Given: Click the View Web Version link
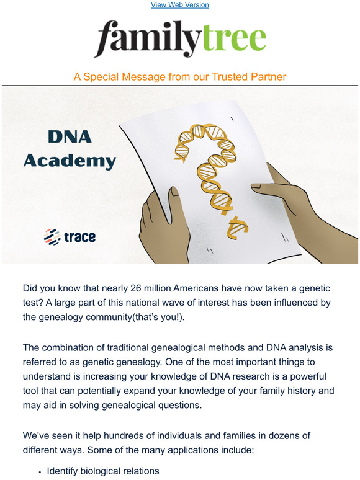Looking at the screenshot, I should click(x=180, y=5).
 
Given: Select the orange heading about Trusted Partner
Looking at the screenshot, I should click(x=180, y=76).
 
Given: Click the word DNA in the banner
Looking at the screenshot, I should click(x=69, y=138).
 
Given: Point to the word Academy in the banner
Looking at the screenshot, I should click(x=70, y=161).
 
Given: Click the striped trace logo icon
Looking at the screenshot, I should click(x=51, y=236).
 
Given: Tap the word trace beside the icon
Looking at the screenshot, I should click(x=79, y=237).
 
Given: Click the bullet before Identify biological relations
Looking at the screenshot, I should click(x=40, y=472).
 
